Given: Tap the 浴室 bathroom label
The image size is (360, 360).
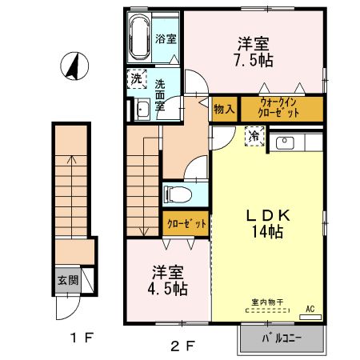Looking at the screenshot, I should tap(166, 38).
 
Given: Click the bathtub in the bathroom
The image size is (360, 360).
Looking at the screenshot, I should tap(141, 38).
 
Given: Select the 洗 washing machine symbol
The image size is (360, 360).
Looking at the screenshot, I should tap(137, 79).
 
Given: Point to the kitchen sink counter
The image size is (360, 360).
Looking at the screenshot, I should tap(297, 143).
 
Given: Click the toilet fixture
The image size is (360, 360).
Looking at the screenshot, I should tap(177, 194).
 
